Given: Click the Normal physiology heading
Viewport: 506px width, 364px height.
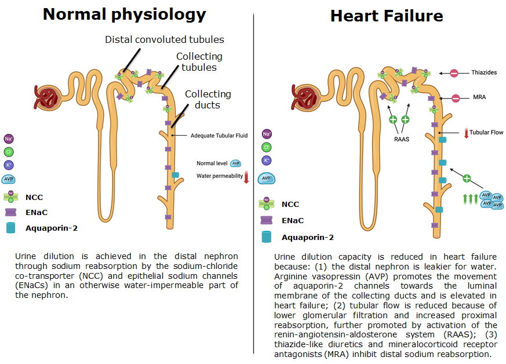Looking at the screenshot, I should tap(125, 14).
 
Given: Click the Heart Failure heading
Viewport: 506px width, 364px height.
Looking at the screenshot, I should tap(387, 16).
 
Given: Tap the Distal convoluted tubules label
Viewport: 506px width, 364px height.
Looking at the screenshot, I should tap(164, 40).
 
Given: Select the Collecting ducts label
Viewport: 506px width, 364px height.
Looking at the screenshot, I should tap(208, 99).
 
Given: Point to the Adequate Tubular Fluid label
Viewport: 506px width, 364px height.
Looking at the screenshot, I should tap(219, 136).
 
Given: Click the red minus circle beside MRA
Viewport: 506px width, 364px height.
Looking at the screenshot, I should tap(456, 99).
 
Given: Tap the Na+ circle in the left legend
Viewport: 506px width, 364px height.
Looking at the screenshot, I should tap(9, 139).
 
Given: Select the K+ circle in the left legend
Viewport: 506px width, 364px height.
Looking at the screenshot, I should tap(9, 165).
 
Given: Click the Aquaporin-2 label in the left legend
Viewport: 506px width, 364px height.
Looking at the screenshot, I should tap(52, 228).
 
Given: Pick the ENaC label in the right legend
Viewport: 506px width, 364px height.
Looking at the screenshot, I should tap(293, 220).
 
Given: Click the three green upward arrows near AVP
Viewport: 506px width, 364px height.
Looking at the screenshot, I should tap(469, 199).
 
